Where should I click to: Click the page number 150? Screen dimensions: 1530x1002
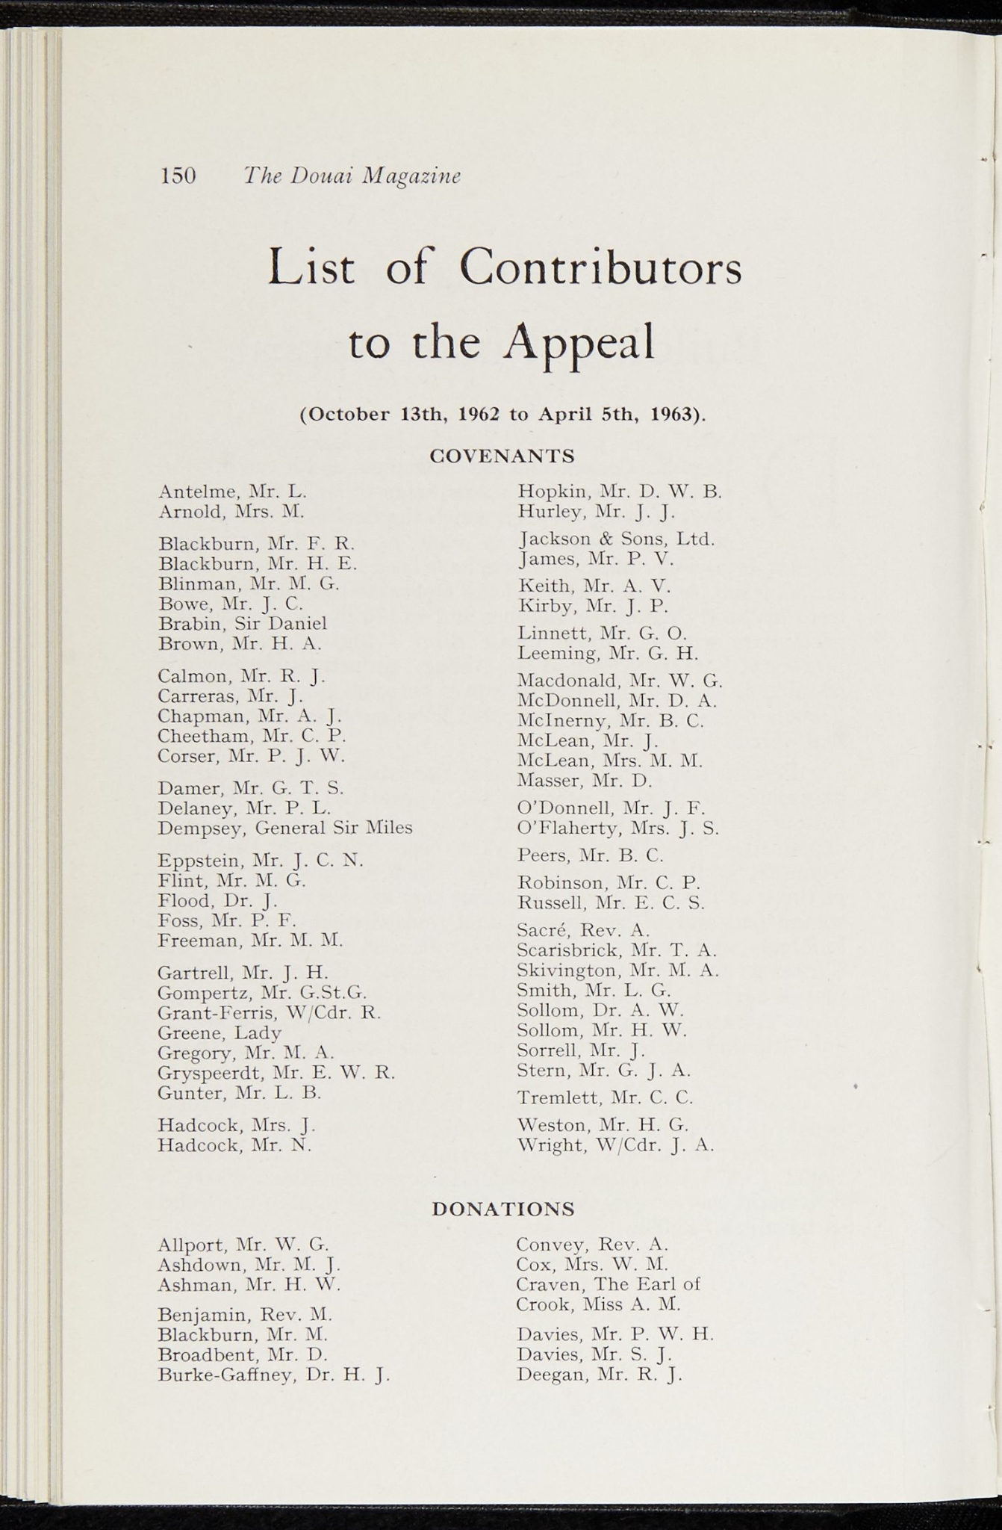point(178,176)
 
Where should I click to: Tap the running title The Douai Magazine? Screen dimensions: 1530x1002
point(352,176)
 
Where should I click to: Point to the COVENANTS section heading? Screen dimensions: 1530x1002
point(502,456)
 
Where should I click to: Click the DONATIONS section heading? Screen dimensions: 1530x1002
point(503,1209)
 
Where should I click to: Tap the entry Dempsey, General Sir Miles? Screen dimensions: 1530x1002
point(284,828)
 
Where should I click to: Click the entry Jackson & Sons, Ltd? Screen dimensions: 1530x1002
point(616,539)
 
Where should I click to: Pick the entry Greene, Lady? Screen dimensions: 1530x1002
point(220,1033)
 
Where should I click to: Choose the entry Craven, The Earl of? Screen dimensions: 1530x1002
point(608,1284)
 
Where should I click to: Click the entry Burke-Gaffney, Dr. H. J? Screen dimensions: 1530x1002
point(274,1375)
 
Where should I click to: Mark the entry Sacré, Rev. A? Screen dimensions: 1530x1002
point(583,930)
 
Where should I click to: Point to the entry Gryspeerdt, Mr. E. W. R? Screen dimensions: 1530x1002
point(276,1073)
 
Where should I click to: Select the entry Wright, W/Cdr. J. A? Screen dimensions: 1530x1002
point(615,1145)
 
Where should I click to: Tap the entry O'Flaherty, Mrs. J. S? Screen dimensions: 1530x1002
point(617,828)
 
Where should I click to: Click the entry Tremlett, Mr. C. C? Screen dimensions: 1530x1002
point(605,1097)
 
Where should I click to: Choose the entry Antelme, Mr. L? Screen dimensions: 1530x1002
point(232,492)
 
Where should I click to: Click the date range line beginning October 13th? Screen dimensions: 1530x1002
point(502,414)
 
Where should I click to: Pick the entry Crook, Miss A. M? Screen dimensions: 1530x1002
point(598,1304)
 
